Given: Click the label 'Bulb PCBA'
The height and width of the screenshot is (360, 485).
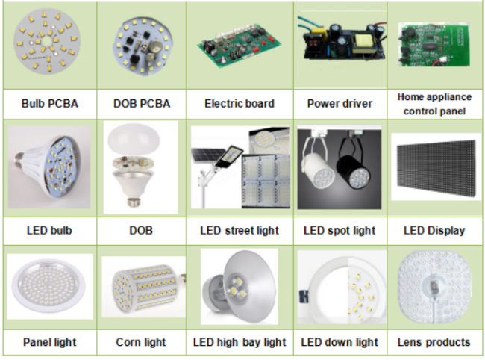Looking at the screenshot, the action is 49,103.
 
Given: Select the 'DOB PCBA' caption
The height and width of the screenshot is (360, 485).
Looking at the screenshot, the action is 142,103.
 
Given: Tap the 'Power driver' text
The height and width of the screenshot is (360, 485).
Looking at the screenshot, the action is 339,103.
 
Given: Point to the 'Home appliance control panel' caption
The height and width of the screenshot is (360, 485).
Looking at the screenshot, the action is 434,104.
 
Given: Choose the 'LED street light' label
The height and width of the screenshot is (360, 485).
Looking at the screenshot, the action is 240,230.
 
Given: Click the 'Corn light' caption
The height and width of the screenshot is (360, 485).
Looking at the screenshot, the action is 141,342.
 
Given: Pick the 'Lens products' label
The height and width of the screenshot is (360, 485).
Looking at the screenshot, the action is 434,342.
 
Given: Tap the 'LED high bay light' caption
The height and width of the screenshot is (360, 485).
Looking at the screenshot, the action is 240,342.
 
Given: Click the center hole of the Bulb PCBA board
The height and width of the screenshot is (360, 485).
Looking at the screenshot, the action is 47,41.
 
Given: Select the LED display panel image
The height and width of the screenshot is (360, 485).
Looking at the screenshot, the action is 436,167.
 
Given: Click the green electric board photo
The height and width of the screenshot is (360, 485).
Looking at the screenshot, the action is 240,46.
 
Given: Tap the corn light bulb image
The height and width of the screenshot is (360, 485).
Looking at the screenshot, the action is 144,287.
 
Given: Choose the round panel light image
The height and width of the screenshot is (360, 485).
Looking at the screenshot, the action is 49,287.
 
